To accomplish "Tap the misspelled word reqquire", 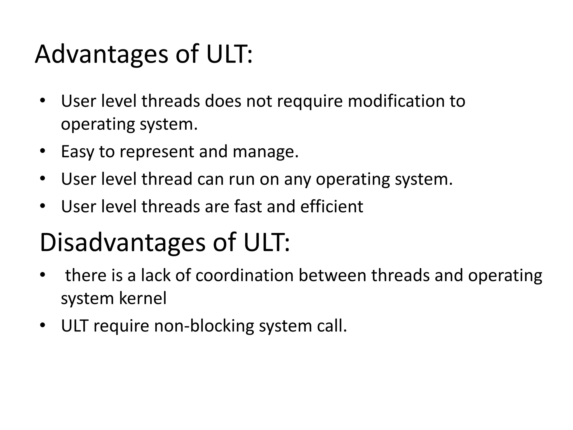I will tap(310, 101).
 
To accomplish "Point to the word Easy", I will tap(77, 152).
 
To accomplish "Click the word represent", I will tap(157, 152).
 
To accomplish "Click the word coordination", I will tap(244, 275).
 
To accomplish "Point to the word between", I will tap(332, 275).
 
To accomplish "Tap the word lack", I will tap(155, 275).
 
